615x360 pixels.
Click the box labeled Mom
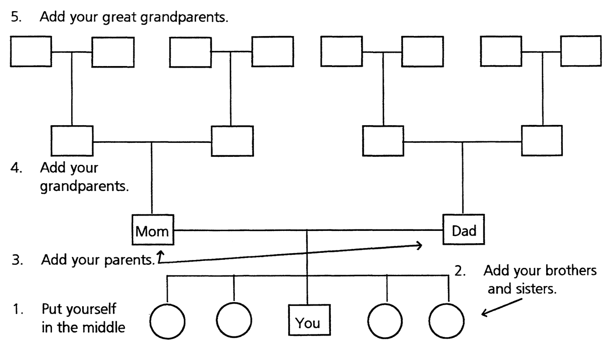coord(153,230)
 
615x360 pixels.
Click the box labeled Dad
coord(463,230)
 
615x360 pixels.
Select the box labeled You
coord(309,320)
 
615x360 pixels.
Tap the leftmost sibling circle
coord(167,321)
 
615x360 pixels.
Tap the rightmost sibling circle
coord(446,321)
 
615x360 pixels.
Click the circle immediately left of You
coord(234,320)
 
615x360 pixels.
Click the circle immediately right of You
coord(385,321)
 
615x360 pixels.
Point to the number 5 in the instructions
coord(15,17)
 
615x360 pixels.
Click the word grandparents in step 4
coord(84,186)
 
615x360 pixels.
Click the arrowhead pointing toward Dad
coord(419,245)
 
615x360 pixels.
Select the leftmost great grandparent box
coord(31,51)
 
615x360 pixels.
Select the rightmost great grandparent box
coord(580,51)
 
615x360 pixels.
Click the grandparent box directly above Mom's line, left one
coord(72,141)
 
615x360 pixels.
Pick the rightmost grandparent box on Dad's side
coord(542,140)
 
